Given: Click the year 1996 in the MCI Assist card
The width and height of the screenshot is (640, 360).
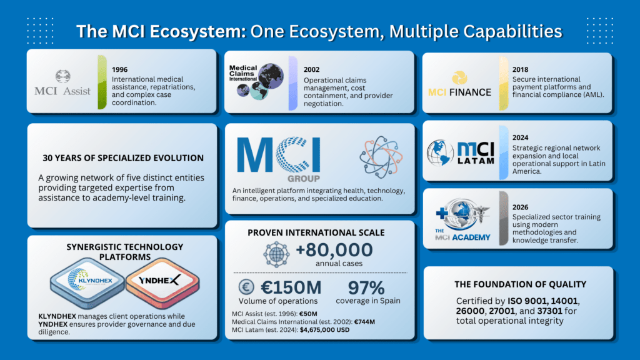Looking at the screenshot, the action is tap(119, 70).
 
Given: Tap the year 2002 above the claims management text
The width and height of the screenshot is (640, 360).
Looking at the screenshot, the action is tap(311, 70).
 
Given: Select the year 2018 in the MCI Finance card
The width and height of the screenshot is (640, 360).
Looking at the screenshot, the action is tap(521, 70).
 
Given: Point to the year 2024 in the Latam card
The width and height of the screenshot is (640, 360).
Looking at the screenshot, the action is tap(521, 138).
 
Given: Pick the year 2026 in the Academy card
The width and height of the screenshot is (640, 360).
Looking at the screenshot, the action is tap(521, 207).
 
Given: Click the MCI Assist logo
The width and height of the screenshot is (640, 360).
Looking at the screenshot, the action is tap(62, 83).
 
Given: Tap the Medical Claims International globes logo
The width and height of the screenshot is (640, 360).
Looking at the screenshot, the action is tap(256, 81).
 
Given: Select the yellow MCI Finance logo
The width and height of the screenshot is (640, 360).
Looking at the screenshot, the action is tap(459, 84).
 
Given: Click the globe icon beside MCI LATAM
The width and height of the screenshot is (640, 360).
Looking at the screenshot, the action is tap(441, 152).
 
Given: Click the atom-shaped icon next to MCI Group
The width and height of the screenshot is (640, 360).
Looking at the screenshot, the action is tap(381, 157).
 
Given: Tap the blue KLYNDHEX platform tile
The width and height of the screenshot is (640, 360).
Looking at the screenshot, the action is tap(87, 282).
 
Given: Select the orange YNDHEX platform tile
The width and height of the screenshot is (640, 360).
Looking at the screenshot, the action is tap(162, 282).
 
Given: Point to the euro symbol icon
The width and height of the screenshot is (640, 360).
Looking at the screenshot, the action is tap(246, 287).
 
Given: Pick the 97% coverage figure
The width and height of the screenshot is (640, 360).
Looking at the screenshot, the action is tap(366, 287).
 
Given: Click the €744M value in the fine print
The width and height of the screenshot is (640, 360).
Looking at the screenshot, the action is tap(364, 322).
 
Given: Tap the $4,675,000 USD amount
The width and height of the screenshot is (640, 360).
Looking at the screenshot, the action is tap(324, 330).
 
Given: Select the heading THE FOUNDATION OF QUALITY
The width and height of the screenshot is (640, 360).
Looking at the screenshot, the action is tap(521, 284).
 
